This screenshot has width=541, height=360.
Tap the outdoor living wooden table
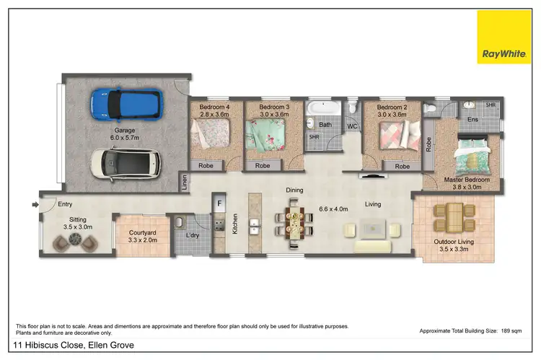click(454, 214)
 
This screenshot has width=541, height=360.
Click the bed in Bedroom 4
click(211, 134)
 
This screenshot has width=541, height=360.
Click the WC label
click(352, 126)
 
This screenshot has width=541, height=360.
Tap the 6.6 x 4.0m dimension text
click(333, 210)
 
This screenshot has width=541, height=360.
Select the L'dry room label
click(193, 235)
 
